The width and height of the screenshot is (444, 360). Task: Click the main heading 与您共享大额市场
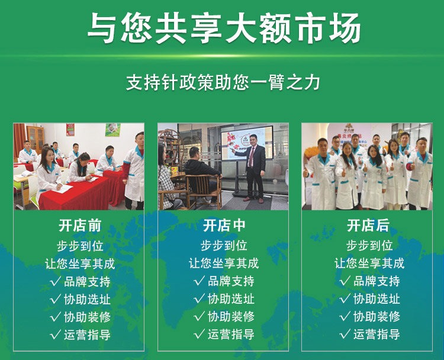click(224, 28)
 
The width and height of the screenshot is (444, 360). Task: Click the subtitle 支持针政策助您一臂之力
click(223, 82)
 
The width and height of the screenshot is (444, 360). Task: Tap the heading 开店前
click(80, 226)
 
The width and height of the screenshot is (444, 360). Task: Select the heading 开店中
click(224, 226)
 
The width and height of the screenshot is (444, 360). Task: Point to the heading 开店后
click(368, 226)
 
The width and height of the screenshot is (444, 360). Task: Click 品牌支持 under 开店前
click(87, 281)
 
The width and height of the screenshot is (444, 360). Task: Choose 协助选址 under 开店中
click(231, 299)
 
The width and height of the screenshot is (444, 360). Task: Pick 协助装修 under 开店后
click(377, 316)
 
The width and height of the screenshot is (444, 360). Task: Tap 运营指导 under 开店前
click(87, 335)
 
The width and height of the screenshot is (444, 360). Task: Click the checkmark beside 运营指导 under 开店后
click(345, 334)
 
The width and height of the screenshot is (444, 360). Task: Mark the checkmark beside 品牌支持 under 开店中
click(199, 281)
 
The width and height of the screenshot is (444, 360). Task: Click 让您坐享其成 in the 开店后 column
click(369, 263)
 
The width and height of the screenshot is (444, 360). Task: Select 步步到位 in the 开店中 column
click(224, 246)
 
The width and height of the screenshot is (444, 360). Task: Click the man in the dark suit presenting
click(253, 170)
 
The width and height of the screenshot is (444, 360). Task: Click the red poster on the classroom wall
click(70, 130)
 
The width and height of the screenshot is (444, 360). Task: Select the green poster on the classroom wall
click(112, 130)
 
